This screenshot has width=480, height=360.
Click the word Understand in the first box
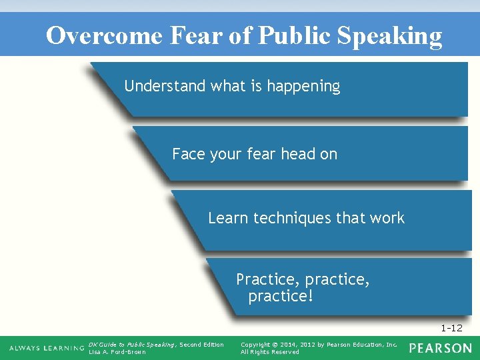pyautogui.click(x=165, y=86)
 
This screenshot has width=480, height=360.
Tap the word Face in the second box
pyautogui.click(x=188, y=154)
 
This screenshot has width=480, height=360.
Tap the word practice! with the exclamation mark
pyautogui.click(x=280, y=295)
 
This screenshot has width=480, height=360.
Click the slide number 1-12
pyautogui.click(x=451, y=328)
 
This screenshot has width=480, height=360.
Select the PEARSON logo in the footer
pyautogui.click(x=440, y=348)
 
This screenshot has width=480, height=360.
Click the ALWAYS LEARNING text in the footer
pyautogui.click(x=47, y=349)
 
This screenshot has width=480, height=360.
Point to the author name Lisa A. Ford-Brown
pyautogui.click(x=117, y=352)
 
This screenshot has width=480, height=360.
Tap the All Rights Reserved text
pyautogui.click(x=270, y=352)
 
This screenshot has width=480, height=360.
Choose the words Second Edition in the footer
pyautogui.click(x=202, y=345)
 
